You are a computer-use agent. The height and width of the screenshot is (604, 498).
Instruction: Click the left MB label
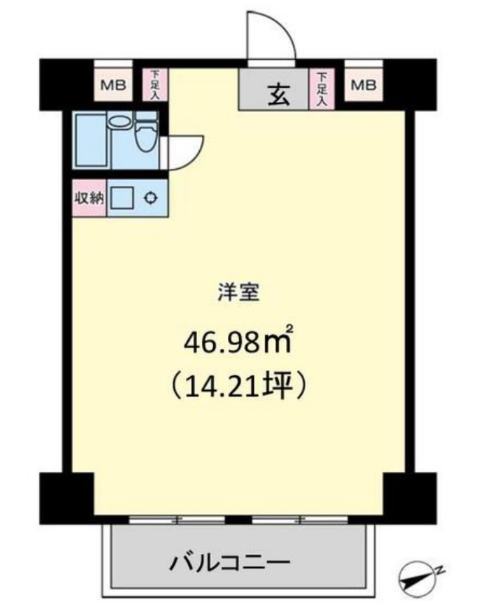[112, 86]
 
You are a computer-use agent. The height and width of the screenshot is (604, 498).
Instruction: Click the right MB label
[362, 86]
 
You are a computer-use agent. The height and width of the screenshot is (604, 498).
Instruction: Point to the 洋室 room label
[238, 293]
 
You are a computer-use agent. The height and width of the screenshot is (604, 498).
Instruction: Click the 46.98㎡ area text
[237, 342]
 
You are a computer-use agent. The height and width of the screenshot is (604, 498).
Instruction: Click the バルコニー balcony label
[229, 565]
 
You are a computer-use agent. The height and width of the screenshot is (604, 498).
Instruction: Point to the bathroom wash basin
[119, 122]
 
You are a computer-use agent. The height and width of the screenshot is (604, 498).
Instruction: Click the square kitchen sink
[123, 198]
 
